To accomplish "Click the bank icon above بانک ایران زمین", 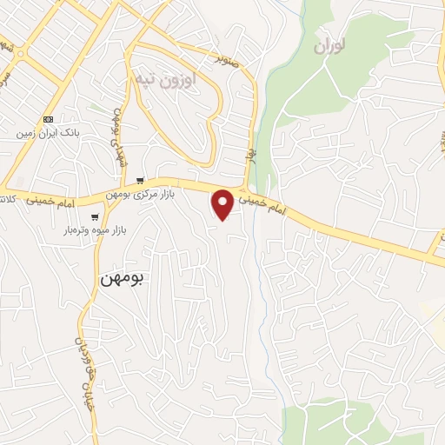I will pyautogui.click(x=47, y=120).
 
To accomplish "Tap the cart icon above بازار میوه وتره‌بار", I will pyautogui.click(x=95, y=216).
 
